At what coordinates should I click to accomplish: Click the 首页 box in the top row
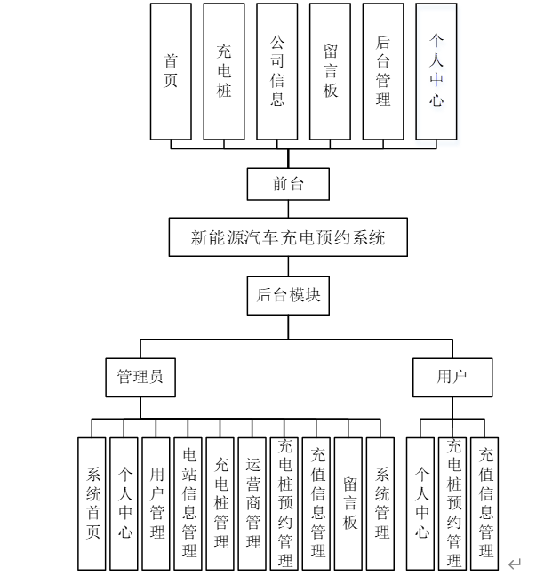coord(171,71)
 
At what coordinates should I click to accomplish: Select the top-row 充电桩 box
coord(224,71)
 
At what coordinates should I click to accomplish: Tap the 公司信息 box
coord(277,71)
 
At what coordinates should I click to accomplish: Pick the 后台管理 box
coord(383,71)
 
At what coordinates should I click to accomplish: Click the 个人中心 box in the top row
coord(436,71)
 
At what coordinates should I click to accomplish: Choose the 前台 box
coord(288,185)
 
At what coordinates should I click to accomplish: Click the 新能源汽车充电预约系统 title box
coord(288,237)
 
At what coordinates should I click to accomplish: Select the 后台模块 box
coord(288,295)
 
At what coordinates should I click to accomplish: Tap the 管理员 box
coord(140,377)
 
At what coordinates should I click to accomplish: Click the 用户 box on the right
coord(452,377)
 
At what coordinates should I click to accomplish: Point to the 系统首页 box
coord(92,503)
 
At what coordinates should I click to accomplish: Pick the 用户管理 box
coord(156,503)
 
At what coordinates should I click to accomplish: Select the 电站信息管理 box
coord(188,503)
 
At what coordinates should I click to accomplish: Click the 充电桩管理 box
coord(220,503)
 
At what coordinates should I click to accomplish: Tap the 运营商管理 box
coord(252,503)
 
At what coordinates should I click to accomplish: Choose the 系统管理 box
coord(380,503)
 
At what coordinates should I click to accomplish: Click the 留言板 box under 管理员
coord(348,503)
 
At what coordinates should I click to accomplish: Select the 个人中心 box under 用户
coord(421,503)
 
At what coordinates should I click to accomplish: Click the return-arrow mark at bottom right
coord(514,564)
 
